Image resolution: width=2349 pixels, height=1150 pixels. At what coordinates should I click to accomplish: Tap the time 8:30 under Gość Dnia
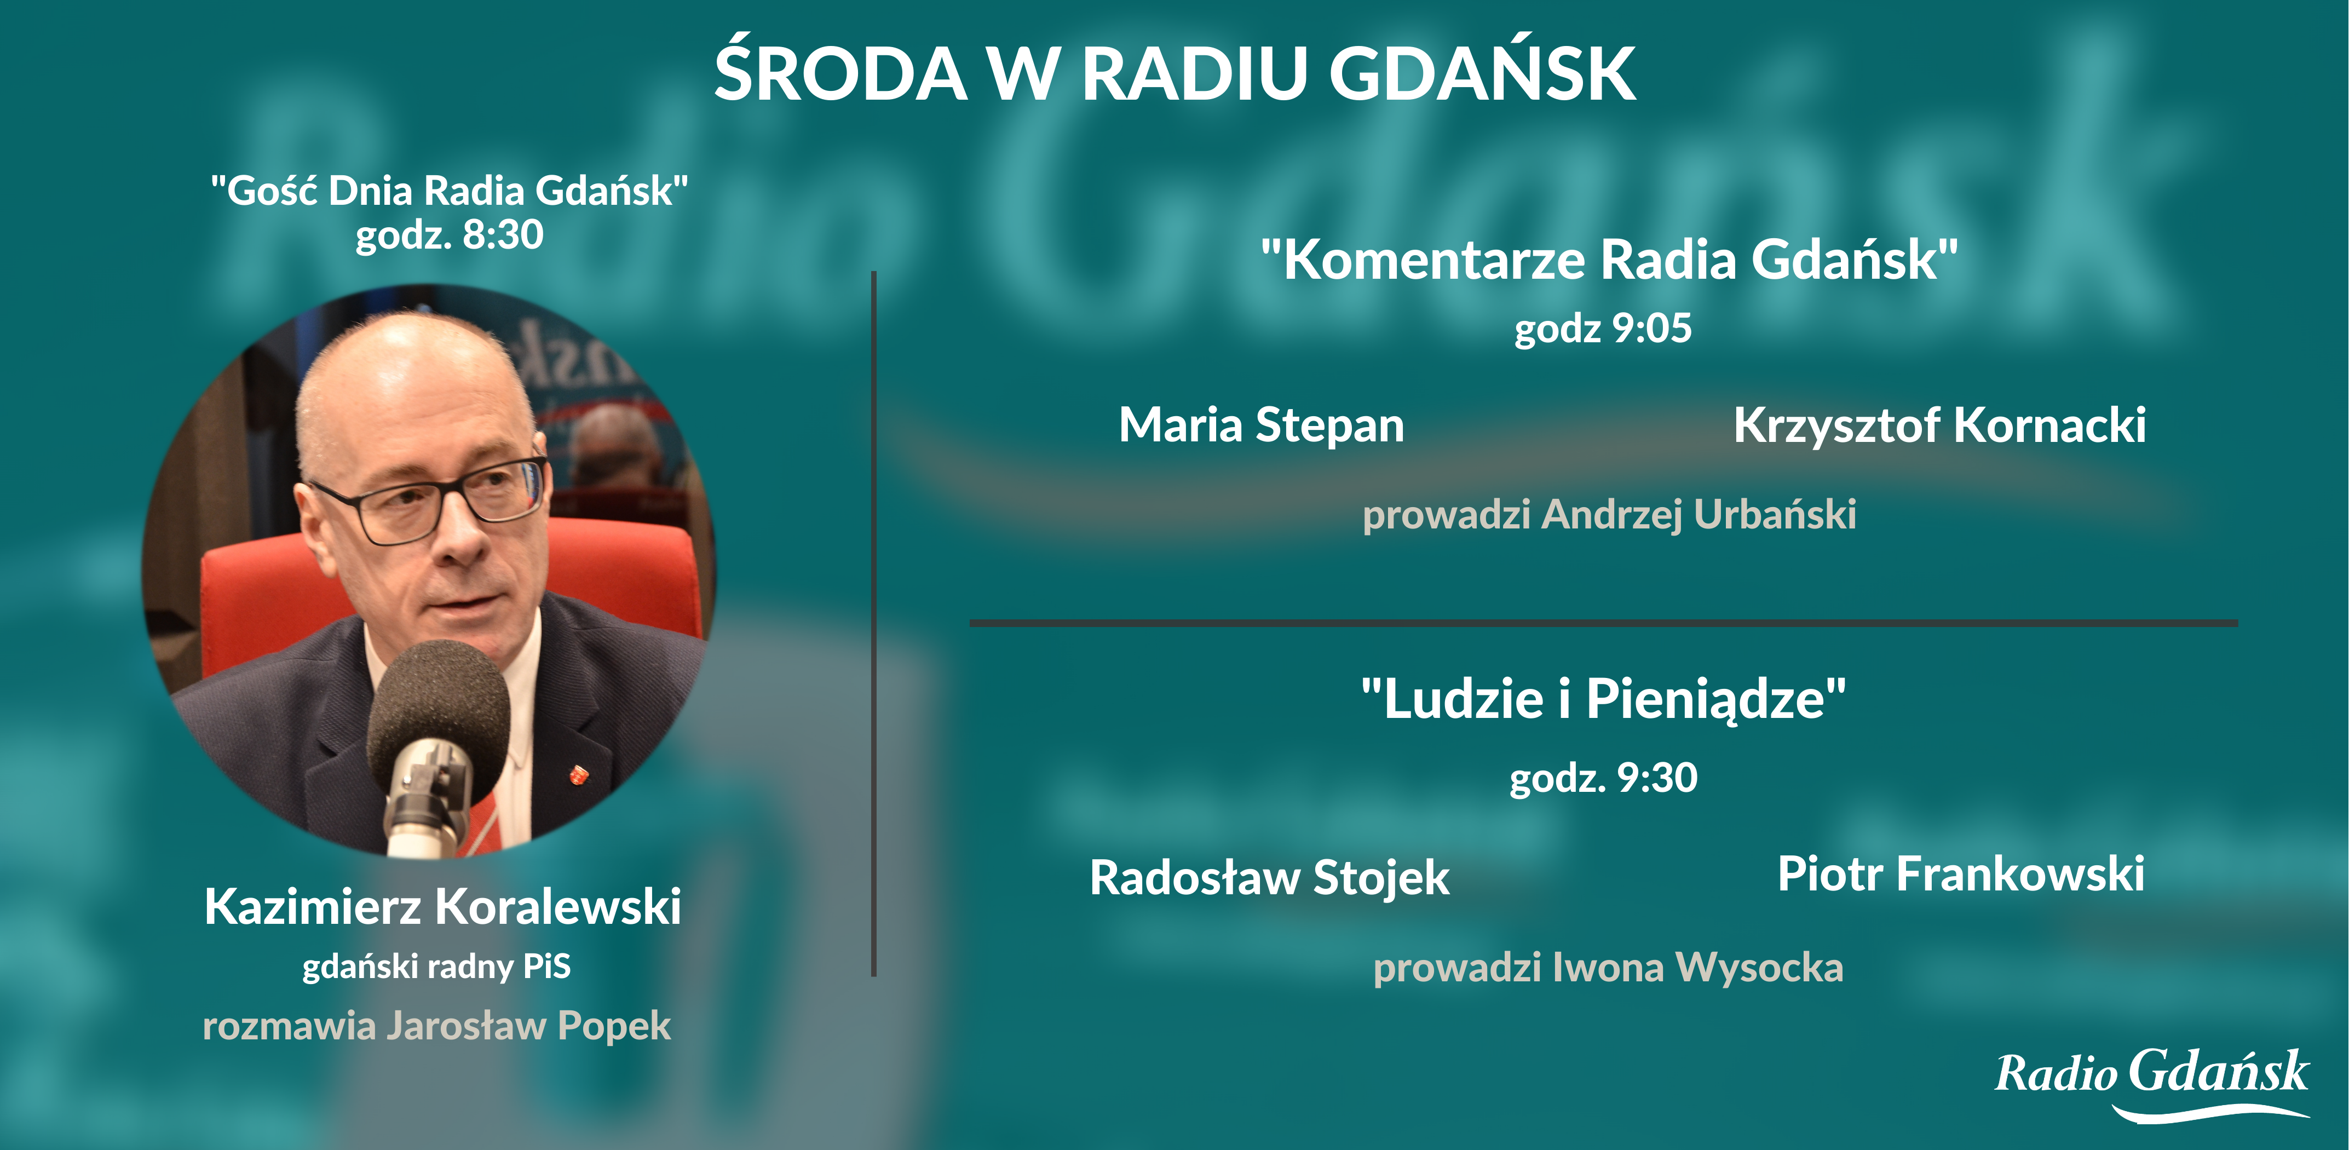(503, 235)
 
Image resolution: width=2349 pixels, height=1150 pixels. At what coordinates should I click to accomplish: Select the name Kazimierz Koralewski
(442, 907)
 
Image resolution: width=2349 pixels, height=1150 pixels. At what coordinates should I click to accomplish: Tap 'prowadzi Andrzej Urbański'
(1609, 514)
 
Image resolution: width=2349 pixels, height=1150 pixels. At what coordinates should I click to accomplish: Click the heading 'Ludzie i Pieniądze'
(1603, 699)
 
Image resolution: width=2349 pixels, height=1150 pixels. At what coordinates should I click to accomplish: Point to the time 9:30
(1657, 778)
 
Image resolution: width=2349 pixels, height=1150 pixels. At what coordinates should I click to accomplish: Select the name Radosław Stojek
(1269, 878)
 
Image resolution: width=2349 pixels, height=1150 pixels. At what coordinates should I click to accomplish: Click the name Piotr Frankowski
(1961, 873)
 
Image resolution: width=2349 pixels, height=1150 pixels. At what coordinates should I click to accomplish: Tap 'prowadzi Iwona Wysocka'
(1609, 968)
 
